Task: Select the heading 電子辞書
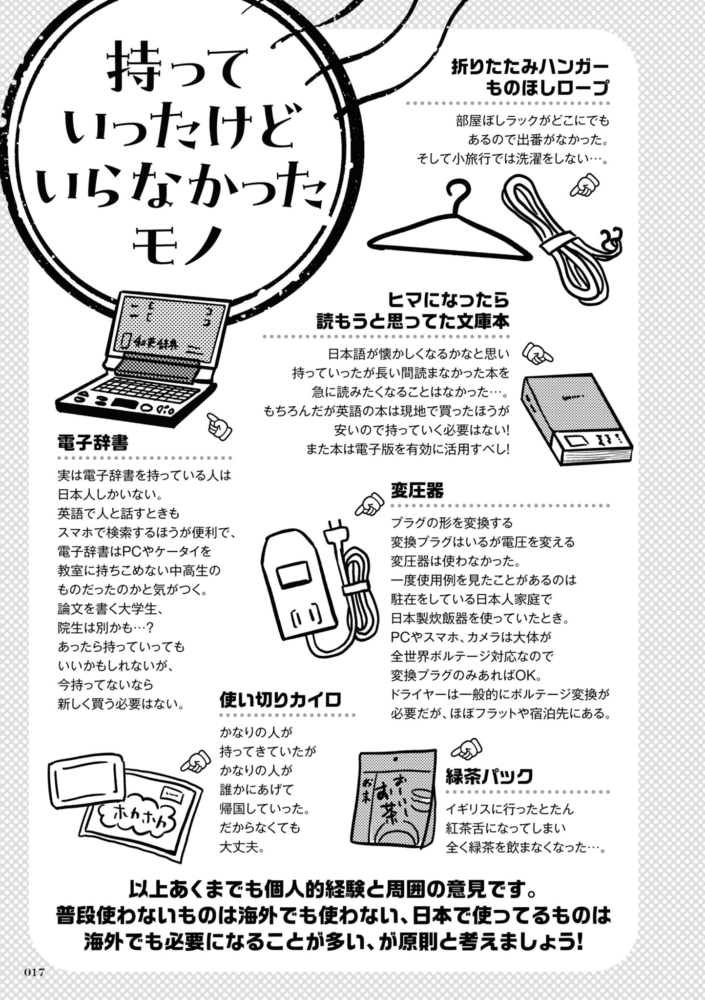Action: (93, 443)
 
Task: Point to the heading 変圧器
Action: (417, 490)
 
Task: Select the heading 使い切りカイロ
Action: (280, 700)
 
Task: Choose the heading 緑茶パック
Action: (489, 775)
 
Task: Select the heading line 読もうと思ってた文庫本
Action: (413, 321)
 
